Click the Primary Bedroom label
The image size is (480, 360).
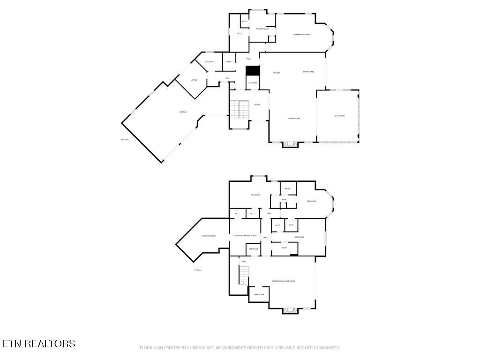pos(302,35)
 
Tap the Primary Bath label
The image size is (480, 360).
pos(262,29)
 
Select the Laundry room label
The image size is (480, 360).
pos(210,62)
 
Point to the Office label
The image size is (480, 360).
pos(194,80)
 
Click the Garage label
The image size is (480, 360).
pos(183,112)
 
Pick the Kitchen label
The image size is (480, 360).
pos(277,73)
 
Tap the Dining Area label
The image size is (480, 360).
pos(308,72)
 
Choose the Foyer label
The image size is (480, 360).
pos(257,105)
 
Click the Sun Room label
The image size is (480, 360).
pos(339,115)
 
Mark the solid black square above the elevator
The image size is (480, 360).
pos(253,70)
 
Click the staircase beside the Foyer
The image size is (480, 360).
pos(240,109)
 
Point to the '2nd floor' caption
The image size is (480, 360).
pos(125,140)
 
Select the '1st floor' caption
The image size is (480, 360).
pos(197,270)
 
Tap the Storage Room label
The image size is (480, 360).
pos(209,236)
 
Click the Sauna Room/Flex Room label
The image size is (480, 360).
pos(245,236)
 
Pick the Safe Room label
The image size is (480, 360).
pos(259,294)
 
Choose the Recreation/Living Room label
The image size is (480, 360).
pos(284,281)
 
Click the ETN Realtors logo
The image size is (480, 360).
pos(38,344)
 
